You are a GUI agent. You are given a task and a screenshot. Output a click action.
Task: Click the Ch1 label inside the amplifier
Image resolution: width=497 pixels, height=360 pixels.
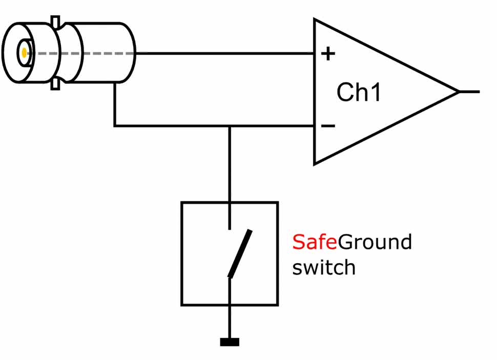(359, 93)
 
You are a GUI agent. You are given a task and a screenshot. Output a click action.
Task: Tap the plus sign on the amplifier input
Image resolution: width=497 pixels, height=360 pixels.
(327, 53)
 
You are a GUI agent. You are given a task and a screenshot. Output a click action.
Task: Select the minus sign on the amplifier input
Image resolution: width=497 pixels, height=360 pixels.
(328, 126)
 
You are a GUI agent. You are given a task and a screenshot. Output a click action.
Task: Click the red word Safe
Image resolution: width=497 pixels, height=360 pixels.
(315, 242)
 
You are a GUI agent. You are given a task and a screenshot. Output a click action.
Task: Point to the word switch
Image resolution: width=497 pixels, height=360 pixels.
(323, 267)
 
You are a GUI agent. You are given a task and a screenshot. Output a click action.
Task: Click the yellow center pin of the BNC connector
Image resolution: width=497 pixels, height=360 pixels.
(24, 52)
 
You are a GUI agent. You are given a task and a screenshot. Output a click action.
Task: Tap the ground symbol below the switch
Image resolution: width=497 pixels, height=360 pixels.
(230, 342)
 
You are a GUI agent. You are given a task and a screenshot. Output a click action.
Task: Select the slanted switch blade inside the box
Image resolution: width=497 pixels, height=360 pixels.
(240, 253)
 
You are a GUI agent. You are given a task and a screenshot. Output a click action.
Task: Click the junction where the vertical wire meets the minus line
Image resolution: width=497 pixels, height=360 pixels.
(230, 125)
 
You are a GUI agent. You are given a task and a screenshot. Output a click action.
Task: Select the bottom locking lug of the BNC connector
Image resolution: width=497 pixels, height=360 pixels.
(55, 84)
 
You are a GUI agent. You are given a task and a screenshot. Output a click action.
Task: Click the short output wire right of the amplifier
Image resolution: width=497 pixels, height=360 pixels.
(469, 92)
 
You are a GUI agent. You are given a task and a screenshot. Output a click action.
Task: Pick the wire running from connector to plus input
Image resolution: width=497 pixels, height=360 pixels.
(225, 53)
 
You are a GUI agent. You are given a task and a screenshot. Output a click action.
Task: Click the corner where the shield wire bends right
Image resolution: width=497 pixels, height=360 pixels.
(115, 125)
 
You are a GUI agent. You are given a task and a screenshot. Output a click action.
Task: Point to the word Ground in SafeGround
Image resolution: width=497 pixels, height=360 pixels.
(375, 242)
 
